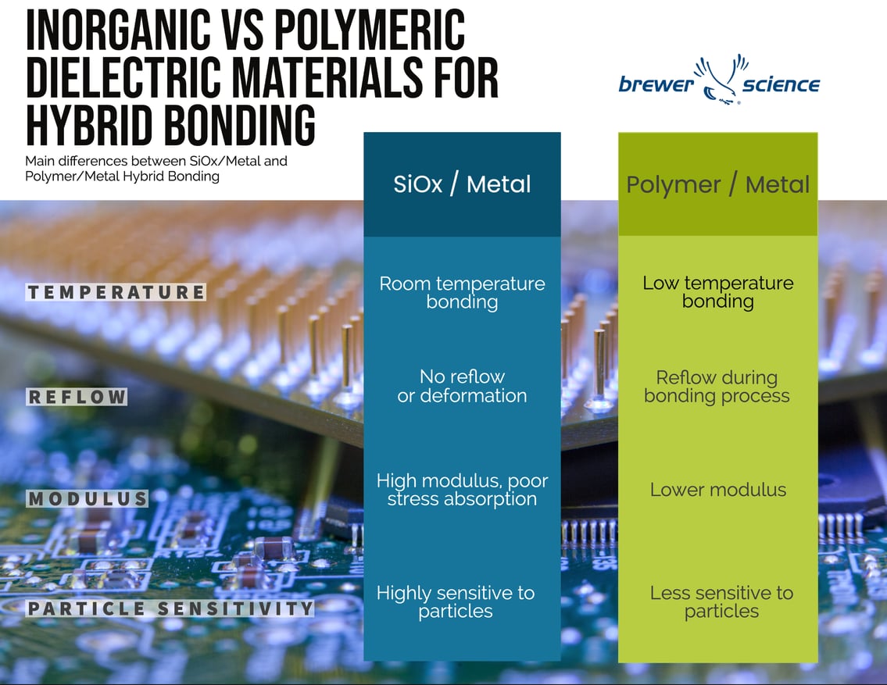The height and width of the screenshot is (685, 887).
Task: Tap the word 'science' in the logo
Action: tap(781, 84)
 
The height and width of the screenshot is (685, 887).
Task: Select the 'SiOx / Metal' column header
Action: tap(462, 184)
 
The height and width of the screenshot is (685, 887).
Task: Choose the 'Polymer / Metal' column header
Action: tap(717, 184)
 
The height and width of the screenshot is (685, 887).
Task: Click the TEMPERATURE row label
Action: tap(116, 292)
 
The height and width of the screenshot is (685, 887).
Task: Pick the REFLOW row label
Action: tap(77, 397)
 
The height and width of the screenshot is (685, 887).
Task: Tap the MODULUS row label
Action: tap(88, 498)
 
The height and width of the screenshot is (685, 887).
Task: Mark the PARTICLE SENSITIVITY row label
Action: tap(170, 608)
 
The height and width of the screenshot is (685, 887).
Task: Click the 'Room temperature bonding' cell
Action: tap(462, 292)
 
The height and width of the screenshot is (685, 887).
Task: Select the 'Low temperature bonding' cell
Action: tap(717, 292)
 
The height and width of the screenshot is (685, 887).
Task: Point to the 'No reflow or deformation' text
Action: tap(462, 386)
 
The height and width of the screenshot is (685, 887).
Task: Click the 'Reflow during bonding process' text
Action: tap(717, 386)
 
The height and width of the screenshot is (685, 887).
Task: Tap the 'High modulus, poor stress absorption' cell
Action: tap(462, 490)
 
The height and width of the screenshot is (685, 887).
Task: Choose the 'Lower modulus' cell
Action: tap(717, 490)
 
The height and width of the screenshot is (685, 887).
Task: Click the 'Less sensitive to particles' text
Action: tap(721, 601)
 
